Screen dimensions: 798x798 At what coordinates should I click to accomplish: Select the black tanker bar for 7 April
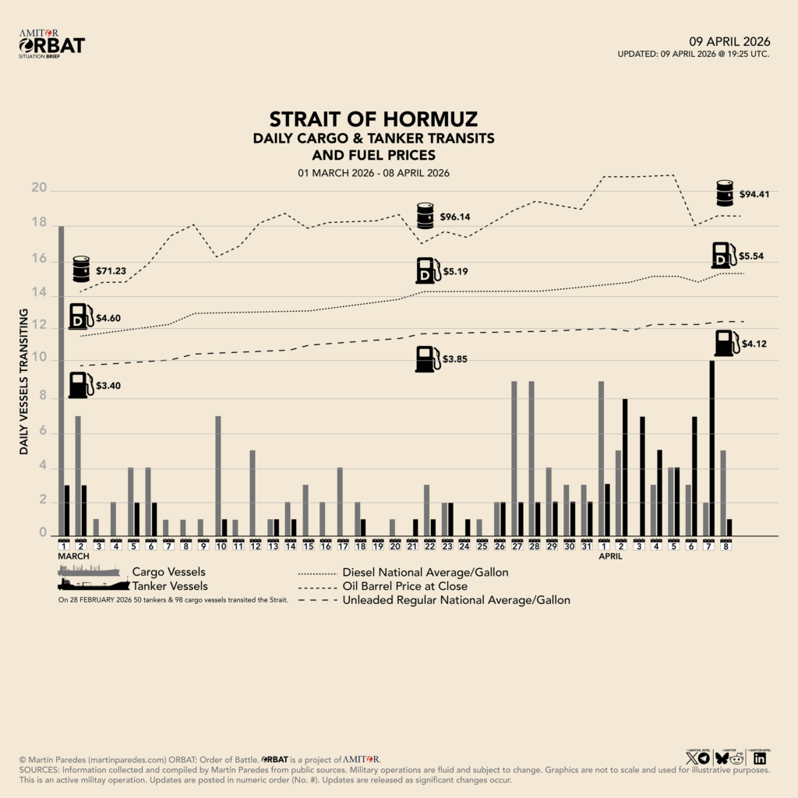711,448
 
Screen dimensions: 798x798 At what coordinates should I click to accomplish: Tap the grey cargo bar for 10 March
218,475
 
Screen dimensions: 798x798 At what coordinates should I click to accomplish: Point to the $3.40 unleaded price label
109,386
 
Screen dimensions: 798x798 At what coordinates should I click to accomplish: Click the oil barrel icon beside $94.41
725,192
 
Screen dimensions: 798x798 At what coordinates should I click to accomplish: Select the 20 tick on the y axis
39,189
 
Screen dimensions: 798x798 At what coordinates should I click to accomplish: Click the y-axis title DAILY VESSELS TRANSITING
24,382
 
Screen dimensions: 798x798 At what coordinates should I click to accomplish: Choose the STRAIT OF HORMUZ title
373,119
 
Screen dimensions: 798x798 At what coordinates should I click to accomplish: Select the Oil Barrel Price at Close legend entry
405,586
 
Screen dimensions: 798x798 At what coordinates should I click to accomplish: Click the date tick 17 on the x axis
341,547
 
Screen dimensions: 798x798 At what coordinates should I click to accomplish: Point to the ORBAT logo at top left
51,45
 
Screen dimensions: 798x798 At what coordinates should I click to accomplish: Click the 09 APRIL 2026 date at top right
729,41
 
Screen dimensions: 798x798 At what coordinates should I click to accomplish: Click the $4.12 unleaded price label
754,343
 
